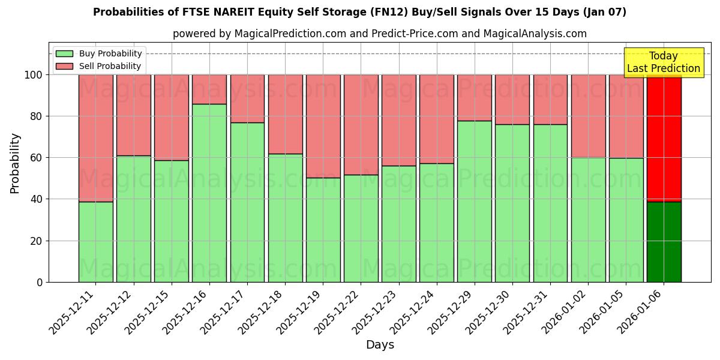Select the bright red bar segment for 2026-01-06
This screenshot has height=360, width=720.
[664, 138]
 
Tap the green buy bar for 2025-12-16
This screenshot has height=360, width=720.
[209, 193]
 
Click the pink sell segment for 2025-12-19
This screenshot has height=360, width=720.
[323, 126]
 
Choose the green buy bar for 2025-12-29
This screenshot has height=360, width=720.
[474, 201]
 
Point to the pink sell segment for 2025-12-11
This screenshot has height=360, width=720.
[95, 138]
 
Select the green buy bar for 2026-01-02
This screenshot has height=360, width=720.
[588, 220]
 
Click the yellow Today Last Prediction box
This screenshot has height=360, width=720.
[664, 62]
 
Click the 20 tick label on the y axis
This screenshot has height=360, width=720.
[36, 241]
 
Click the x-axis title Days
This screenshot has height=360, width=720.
[380, 345]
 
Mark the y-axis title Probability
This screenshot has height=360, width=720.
[15, 163]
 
